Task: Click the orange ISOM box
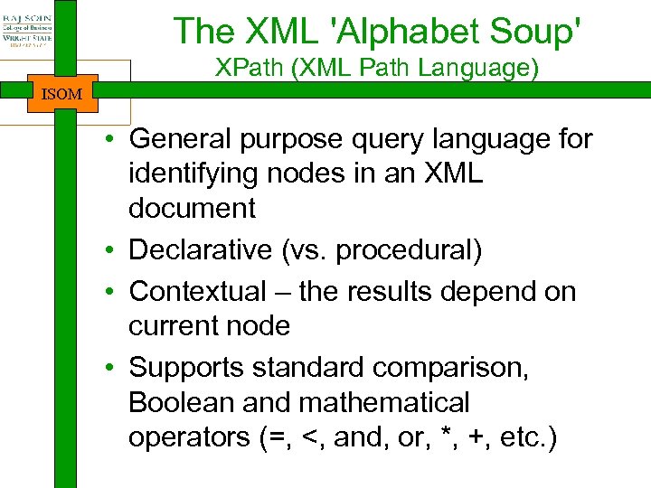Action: click(x=61, y=93)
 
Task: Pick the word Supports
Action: click(x=187, y=368)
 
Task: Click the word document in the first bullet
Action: click(x=192, y=209)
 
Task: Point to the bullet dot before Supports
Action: click(x=108, y=369)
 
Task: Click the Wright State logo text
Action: click(x=27, y=37)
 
